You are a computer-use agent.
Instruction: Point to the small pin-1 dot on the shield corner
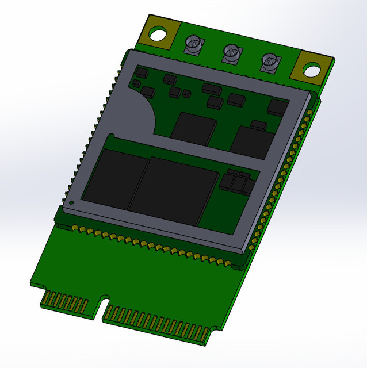[x=71, y=202]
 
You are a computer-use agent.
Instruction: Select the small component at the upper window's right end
[x=279, y=106]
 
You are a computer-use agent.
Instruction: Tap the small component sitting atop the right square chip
[x=258, y=124]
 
